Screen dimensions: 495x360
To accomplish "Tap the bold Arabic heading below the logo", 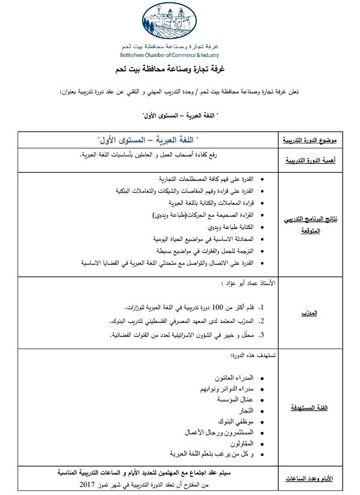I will point(180,70).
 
